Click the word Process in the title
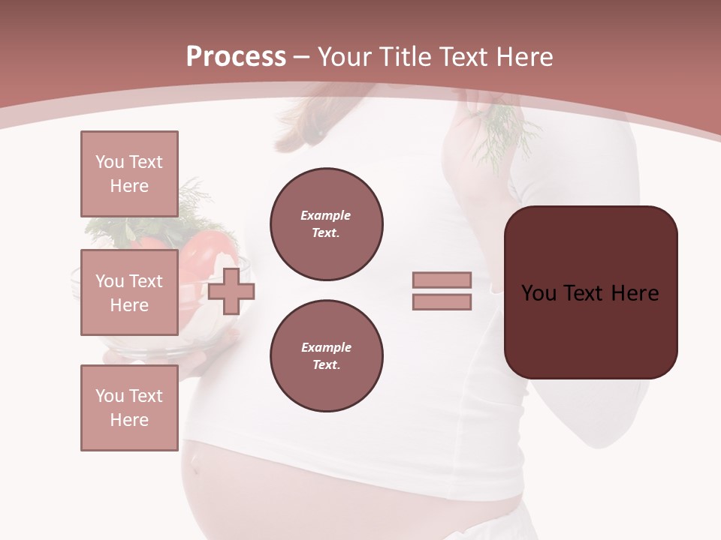tap(236, 57)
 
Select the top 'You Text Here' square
tap(129, 174)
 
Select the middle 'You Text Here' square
tap(129, 292)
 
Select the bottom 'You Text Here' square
tap(129, 408)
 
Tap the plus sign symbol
tap(231, 291)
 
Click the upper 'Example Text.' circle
tap(326, 223)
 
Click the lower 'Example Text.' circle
tap(326, 355)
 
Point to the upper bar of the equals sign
tap(442, 280)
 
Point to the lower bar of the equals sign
tap(442, 301)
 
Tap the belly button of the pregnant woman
tap(196, 466)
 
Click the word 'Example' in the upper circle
tap(326, 215)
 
